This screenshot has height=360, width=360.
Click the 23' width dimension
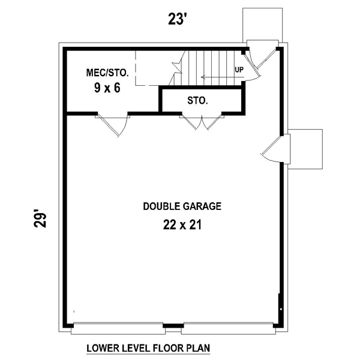coord(176,19)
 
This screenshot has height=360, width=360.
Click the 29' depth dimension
coord(40,218)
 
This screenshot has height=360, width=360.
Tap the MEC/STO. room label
coord(107,73)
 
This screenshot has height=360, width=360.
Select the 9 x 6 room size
coord(107,88)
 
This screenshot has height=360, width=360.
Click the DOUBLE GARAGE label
coord(182,206)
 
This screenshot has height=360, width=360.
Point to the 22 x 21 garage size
coord(182,224)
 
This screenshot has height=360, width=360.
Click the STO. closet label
coord(197,101)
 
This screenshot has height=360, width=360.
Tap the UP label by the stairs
coord(239,70)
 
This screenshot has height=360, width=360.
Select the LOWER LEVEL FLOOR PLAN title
coord(148,348)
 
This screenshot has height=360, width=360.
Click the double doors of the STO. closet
coord(202,122)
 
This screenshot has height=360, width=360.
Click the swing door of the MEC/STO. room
coord(113,125)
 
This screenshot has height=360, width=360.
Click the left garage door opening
coord(118,328)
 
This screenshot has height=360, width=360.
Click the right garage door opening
coord(229,328)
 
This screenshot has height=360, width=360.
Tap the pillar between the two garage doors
coord(173,326)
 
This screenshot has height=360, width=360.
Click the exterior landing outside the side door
coord(305,149)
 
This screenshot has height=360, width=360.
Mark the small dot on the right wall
coord(281,309)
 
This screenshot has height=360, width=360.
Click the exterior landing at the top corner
coord(263,25)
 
